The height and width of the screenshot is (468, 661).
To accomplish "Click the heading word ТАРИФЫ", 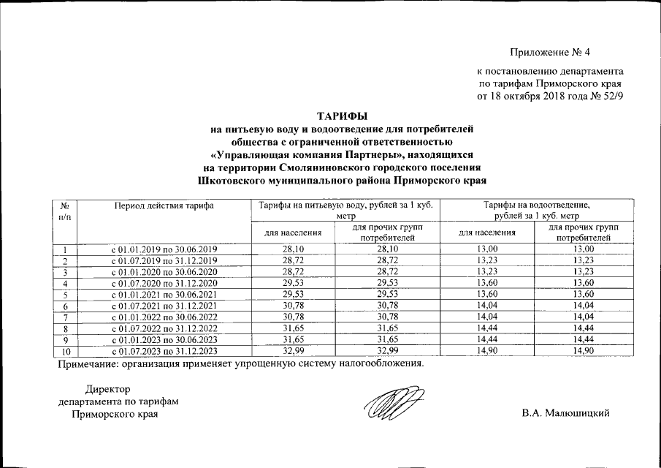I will [x=342, y=116].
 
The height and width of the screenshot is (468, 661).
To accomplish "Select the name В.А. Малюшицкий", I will [x=565, y=414].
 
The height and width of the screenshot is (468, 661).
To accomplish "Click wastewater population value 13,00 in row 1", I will [x=486, y=250].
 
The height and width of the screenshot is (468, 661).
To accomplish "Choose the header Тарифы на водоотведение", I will [x=536, y=206].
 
